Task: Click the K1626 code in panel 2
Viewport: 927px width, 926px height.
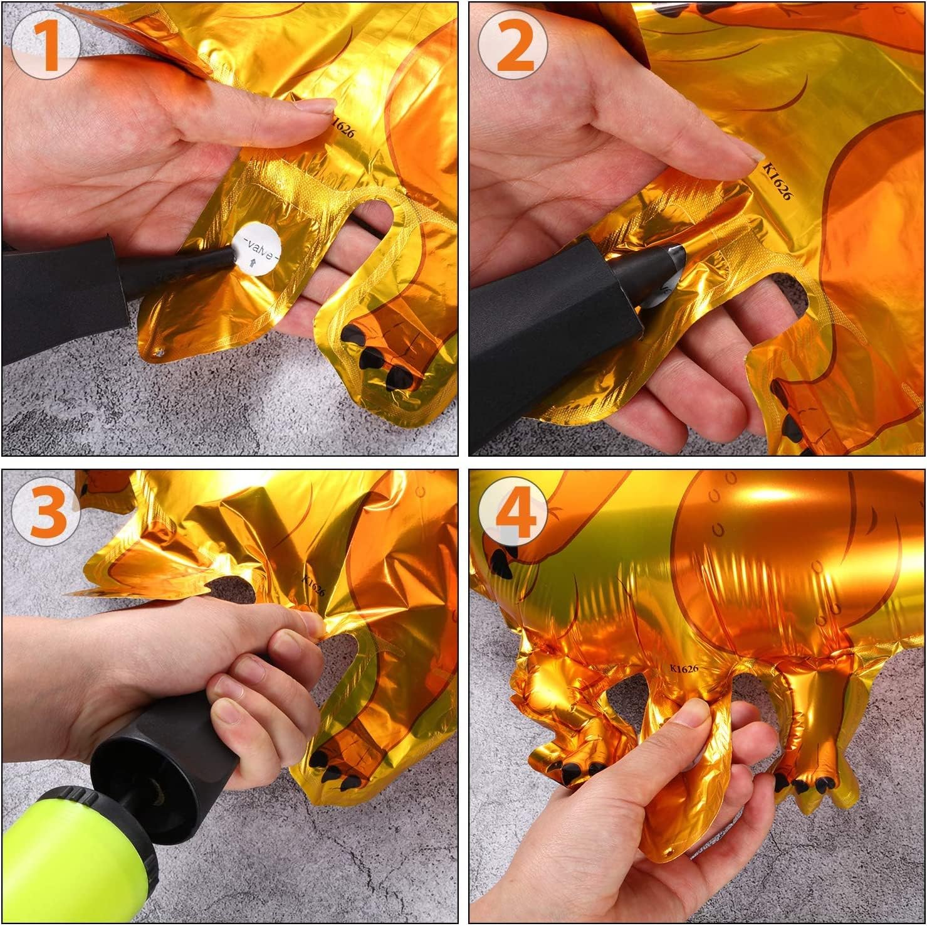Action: coord(777,181)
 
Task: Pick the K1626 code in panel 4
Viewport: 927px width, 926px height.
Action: coord(683,669)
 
